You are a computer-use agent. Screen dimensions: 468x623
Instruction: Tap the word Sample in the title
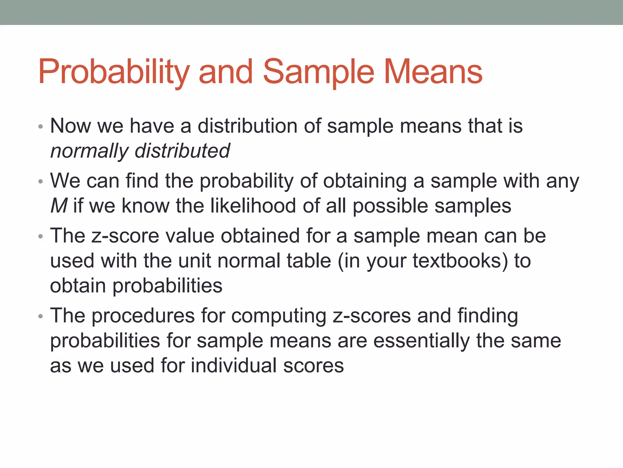click(x=318, y=72)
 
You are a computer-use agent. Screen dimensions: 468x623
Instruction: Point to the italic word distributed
click(x=182, y=151)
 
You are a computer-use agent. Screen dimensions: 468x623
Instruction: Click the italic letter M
click(x=58, y=206)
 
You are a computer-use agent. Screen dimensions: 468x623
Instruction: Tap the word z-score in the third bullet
click(x=125, y=236)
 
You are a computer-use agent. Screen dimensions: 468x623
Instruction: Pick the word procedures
click(x=143, y=316)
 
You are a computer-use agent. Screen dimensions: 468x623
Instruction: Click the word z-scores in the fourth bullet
click(x=371, y=316)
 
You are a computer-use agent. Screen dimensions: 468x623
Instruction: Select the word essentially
click(x=421, y=341)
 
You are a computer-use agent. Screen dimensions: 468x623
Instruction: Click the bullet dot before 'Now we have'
click(x=41, y=126)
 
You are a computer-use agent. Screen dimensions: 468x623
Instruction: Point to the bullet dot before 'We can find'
click(x=41, y=182)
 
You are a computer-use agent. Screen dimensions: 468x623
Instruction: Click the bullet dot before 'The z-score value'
click(x=41, y=237)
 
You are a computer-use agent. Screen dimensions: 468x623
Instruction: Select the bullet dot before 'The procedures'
click(x=41, y=317)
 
